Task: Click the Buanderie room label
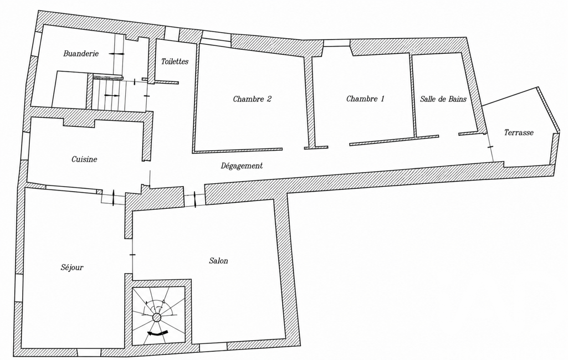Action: point(81,54)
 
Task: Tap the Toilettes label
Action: point(175,61)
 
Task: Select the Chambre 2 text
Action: point(252,99)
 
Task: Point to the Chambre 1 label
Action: point(365,99)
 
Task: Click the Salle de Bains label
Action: point(443,99)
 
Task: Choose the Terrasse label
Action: point(519,132)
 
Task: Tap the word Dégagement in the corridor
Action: point(242,166)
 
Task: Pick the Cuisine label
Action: point(84,160)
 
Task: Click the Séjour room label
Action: point(72,268)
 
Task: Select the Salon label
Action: point(218,261)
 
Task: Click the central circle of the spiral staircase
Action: point(157,317)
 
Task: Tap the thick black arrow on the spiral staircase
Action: point(157,332)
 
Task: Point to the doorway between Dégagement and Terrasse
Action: point(490,146)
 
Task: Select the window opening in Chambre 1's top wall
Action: point(336,43)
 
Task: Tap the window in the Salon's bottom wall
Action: point(213,347)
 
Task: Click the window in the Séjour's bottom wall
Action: point(89,352)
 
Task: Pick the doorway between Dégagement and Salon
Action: point(195,198)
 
